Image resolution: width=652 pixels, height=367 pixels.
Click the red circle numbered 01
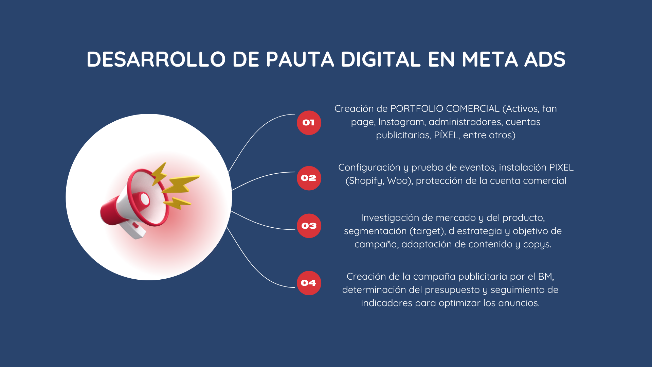pos(309,123)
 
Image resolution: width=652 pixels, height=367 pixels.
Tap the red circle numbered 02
pos(309,178)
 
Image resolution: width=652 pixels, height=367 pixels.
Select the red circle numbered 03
pos(309,226)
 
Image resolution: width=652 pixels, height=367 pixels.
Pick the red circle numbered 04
pos(309,283)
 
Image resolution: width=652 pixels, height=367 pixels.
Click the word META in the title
pos(490,59)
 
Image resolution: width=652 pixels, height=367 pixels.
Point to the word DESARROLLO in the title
pos(156,59)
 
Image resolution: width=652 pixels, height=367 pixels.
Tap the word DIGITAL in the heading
pos(381,59)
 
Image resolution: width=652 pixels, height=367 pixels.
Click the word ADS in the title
pos(545,59)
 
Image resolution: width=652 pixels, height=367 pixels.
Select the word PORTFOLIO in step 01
pos(417,109)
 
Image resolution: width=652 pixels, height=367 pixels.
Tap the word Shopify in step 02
pos(366,181)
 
